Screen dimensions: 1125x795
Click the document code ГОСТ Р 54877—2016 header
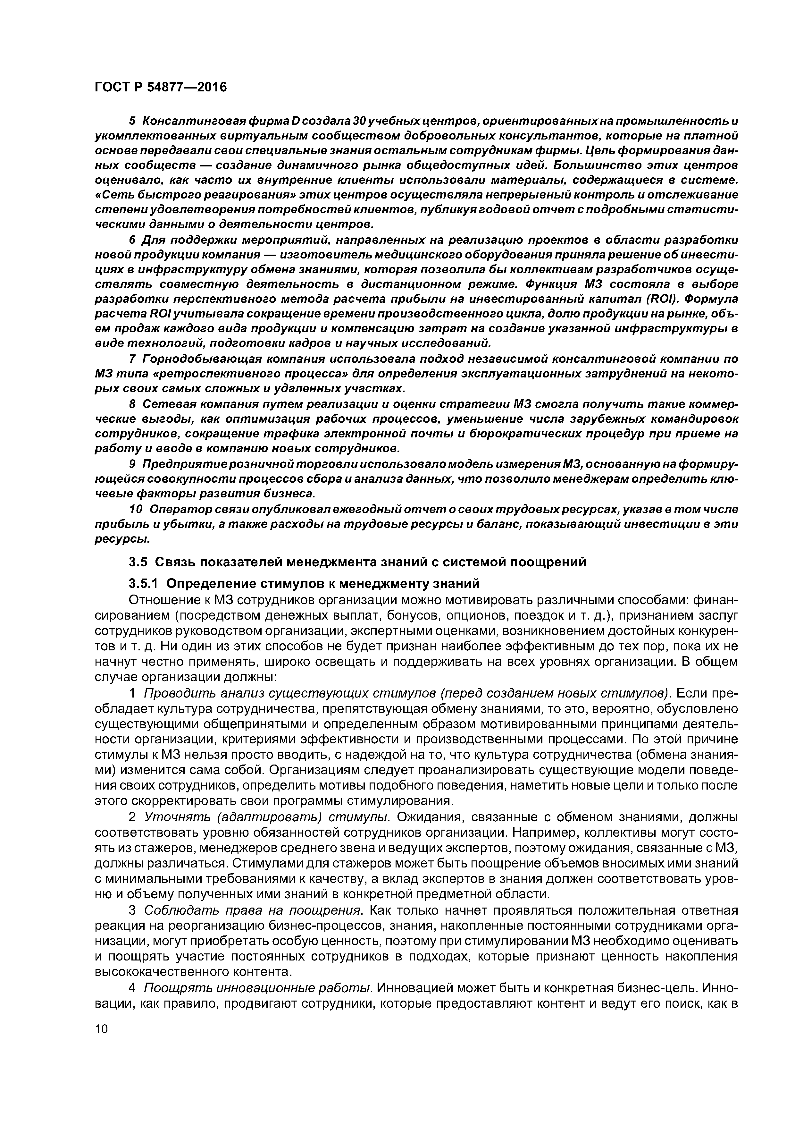coord(161,87)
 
